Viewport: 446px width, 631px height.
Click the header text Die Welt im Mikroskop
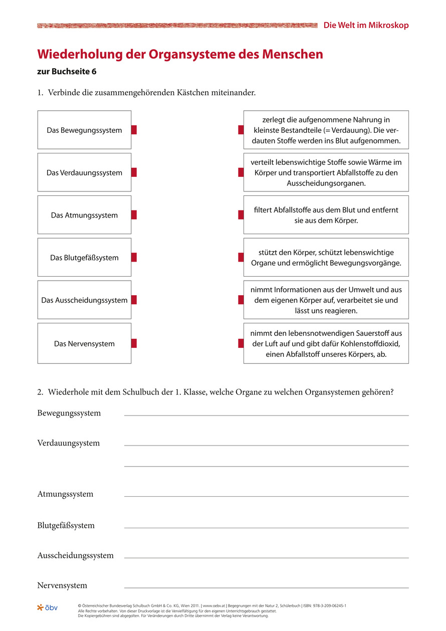[x=366, y=25]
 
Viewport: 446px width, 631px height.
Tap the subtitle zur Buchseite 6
[x=67, y=72]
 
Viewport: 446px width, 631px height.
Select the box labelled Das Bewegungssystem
[x=84, y=130]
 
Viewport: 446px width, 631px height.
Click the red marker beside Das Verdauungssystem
[x=134, y=172]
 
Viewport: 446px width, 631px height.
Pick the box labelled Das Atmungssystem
[x=84, y=215]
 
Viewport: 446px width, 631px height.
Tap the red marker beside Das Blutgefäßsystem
[x=134, y=258]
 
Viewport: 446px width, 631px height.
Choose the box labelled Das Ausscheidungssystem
[x=84, y=300]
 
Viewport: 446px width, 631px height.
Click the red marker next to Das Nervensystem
[x=134, y=343]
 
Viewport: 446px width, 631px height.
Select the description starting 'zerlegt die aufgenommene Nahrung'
[x=326, y=130]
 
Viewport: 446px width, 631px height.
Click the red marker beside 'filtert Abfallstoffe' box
[x=241, y=215]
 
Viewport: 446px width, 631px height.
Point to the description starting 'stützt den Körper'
[x=326, y=258]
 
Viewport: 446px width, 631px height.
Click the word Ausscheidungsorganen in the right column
[x=326, y=183]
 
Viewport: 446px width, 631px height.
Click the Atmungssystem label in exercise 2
[x=65, y=494]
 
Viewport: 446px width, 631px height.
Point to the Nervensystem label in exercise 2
[x=62, y=585]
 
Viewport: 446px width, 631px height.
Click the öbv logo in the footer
[x=48, y=608]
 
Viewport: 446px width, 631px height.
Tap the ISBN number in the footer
[x=325, y=606]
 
